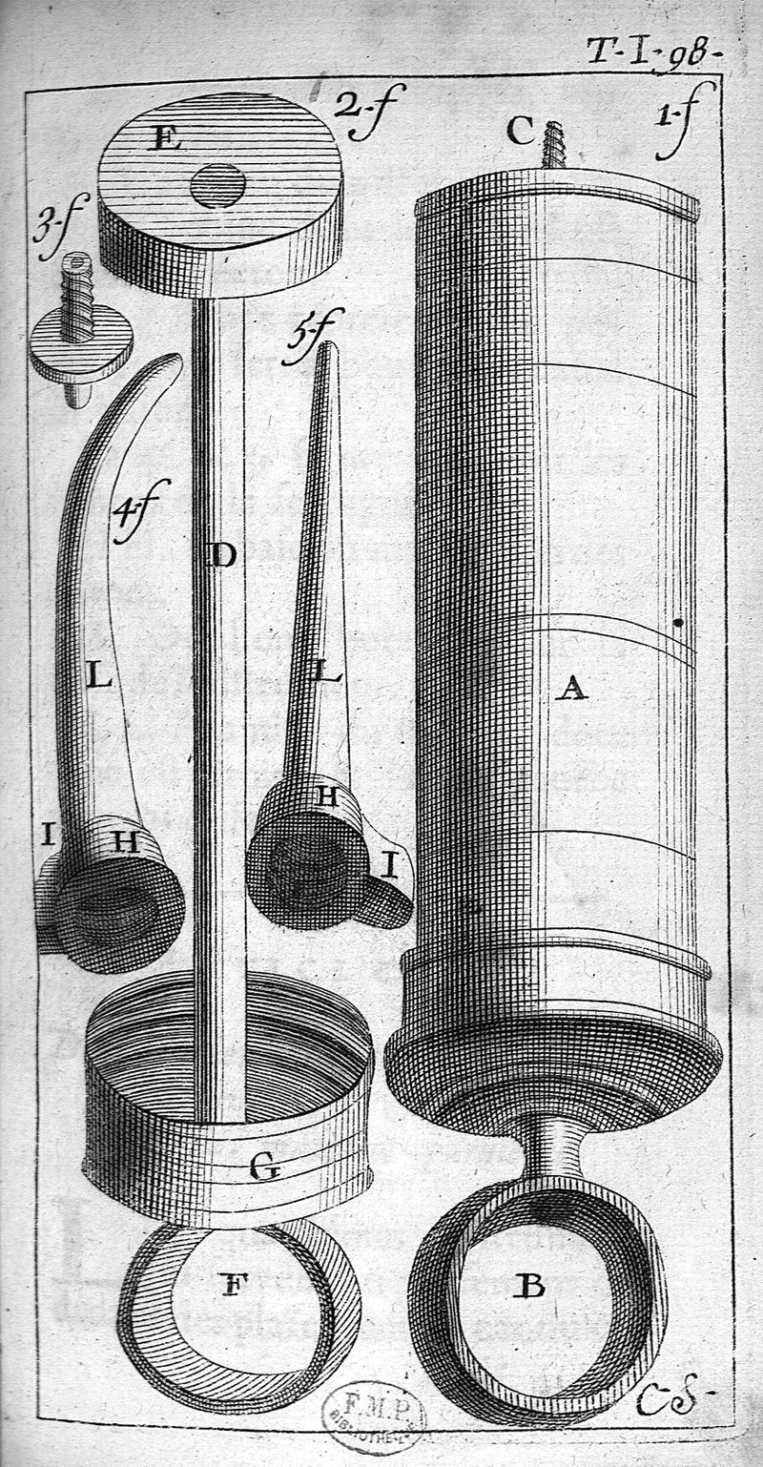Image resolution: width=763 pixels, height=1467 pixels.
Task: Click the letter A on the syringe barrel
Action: tap(570, 687)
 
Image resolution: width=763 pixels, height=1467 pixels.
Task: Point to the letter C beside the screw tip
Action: tap(520, 131)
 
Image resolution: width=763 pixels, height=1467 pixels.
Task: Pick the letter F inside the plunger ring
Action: tap(229, 1285)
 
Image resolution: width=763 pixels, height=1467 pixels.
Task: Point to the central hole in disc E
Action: tap(217, 185)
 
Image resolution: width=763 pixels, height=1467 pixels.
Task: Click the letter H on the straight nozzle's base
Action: tap(328, 797)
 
